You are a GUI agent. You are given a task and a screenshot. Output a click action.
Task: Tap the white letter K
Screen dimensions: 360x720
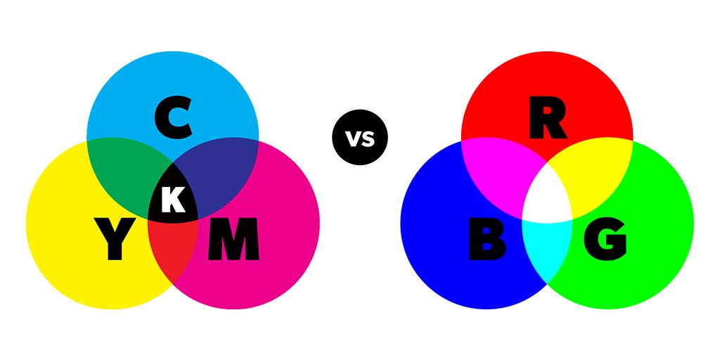pos(173,200)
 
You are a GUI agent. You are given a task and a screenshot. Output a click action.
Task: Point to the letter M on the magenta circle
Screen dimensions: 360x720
pos(233,240)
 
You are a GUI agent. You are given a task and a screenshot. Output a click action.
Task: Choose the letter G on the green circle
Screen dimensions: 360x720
pos(606,240)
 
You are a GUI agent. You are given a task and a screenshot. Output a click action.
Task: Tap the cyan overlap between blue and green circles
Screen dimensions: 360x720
pos(547,246)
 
